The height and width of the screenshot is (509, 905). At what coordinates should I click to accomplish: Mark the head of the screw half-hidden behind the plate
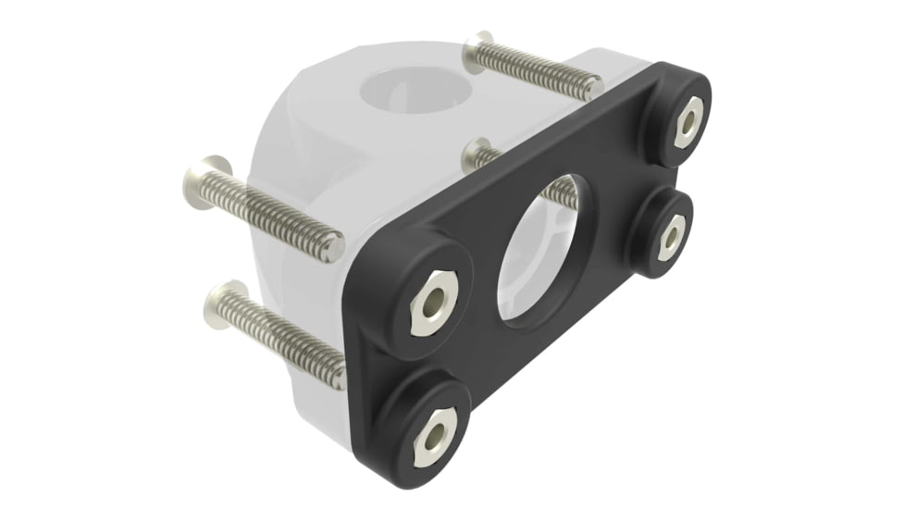(478, 154)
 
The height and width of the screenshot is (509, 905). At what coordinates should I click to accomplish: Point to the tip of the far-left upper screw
(335, 247)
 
